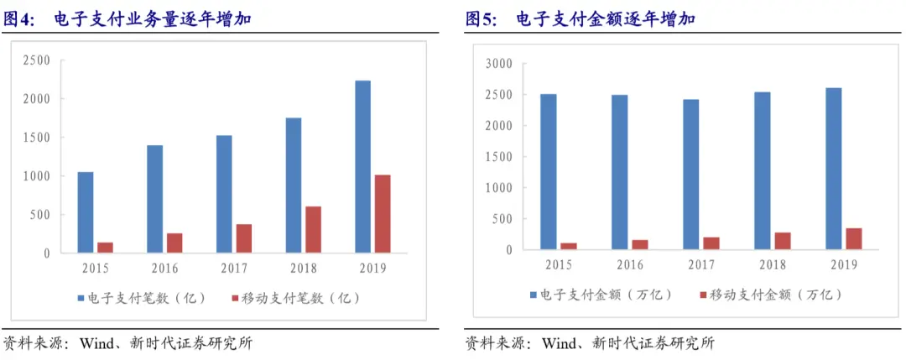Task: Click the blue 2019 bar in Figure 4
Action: coord(362,166)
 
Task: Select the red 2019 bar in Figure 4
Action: coord(382,213)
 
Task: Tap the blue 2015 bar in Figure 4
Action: coord(86,211)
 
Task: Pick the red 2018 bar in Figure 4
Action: coord(312,229)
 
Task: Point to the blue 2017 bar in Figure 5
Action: coord(690,175)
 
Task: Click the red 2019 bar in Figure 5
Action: coord(854,239)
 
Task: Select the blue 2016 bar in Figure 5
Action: coord(619,172)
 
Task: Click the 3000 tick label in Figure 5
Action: coord(499,64)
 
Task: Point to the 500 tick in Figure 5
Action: coord(502,219)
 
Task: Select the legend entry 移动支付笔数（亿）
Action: coord(296,298)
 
